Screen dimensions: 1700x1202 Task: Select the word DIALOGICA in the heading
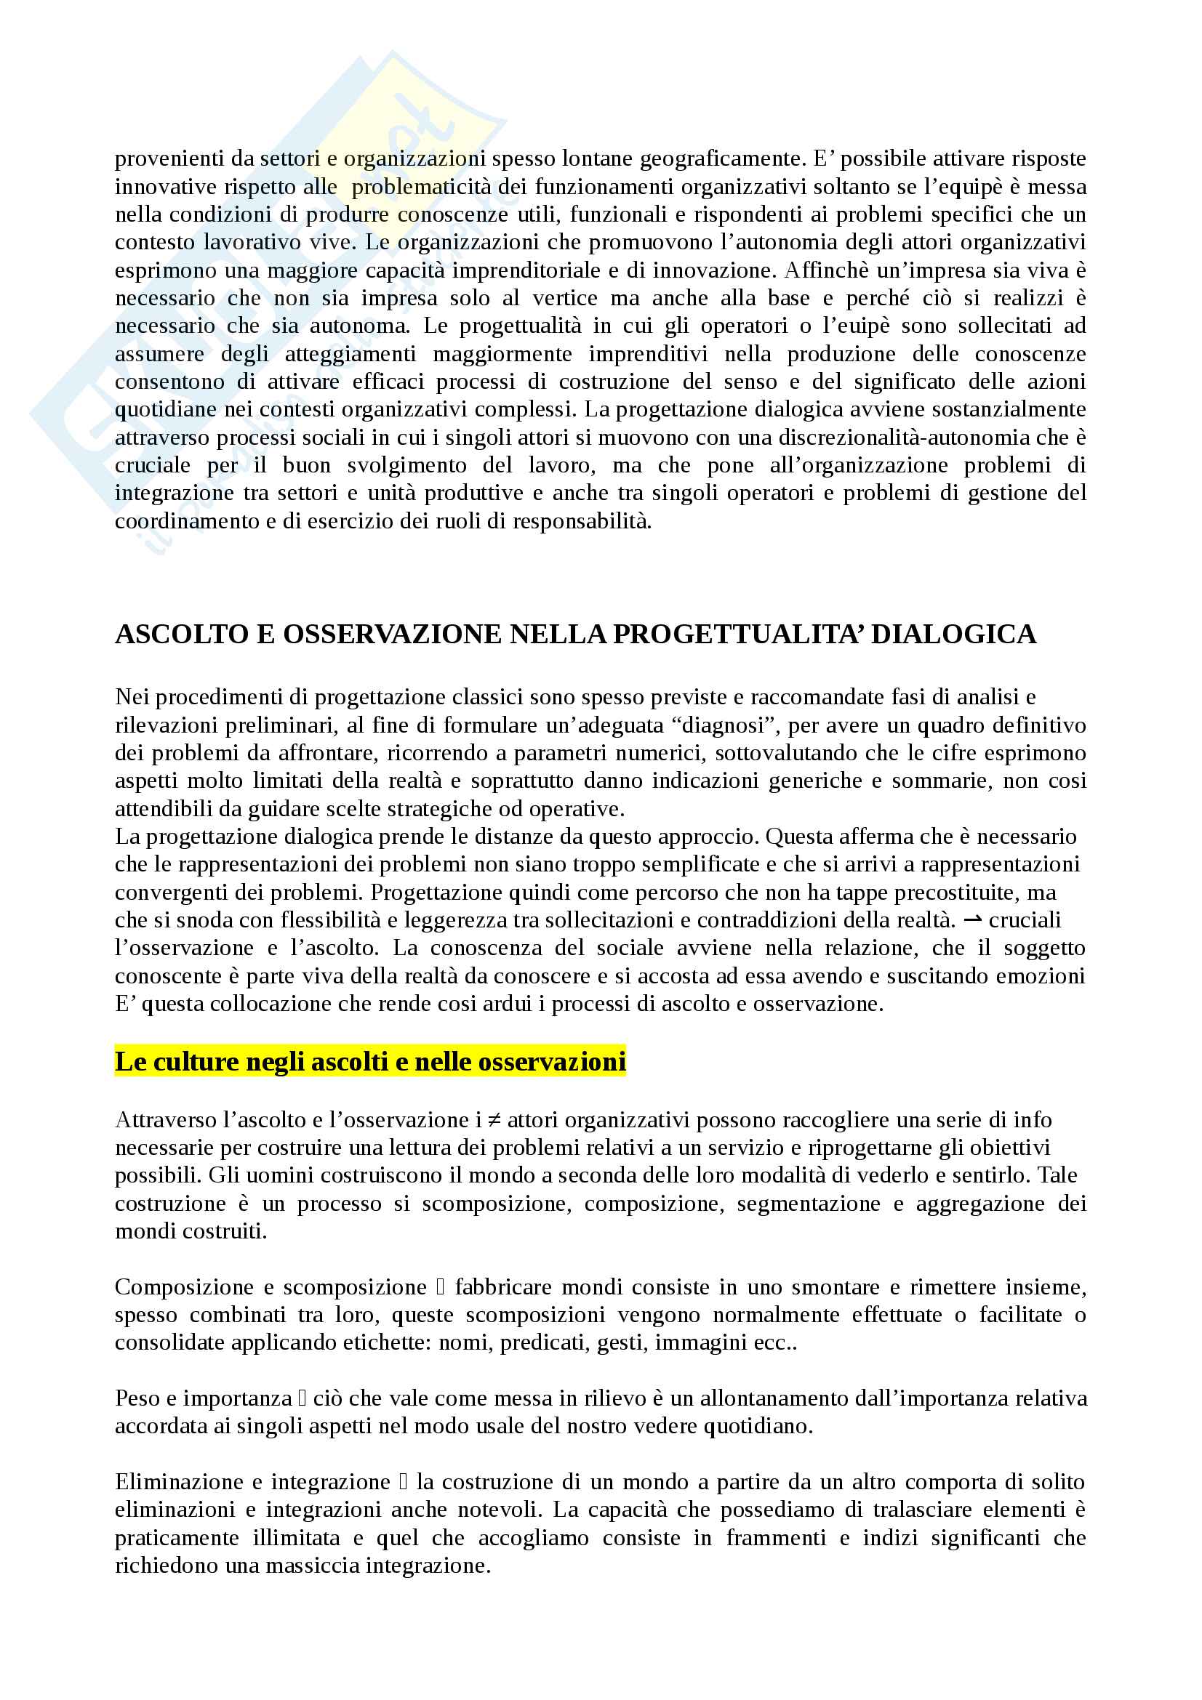click(x=954, y=635)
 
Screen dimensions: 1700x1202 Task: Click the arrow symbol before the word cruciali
click(x=972, y=920)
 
